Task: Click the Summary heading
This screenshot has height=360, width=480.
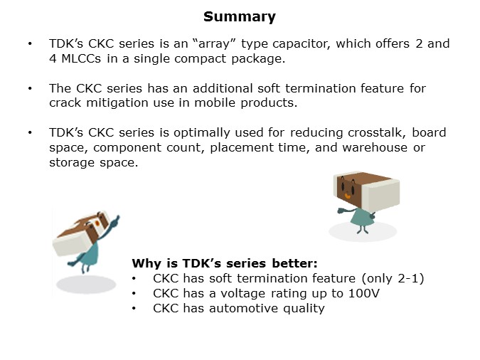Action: click(x=240, y=16)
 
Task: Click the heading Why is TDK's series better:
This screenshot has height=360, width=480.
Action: click(x=225, y=263)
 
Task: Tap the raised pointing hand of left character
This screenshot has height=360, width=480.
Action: click(x=116, y=217)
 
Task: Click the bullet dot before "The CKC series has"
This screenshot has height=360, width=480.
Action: click(x=30, y=88)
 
